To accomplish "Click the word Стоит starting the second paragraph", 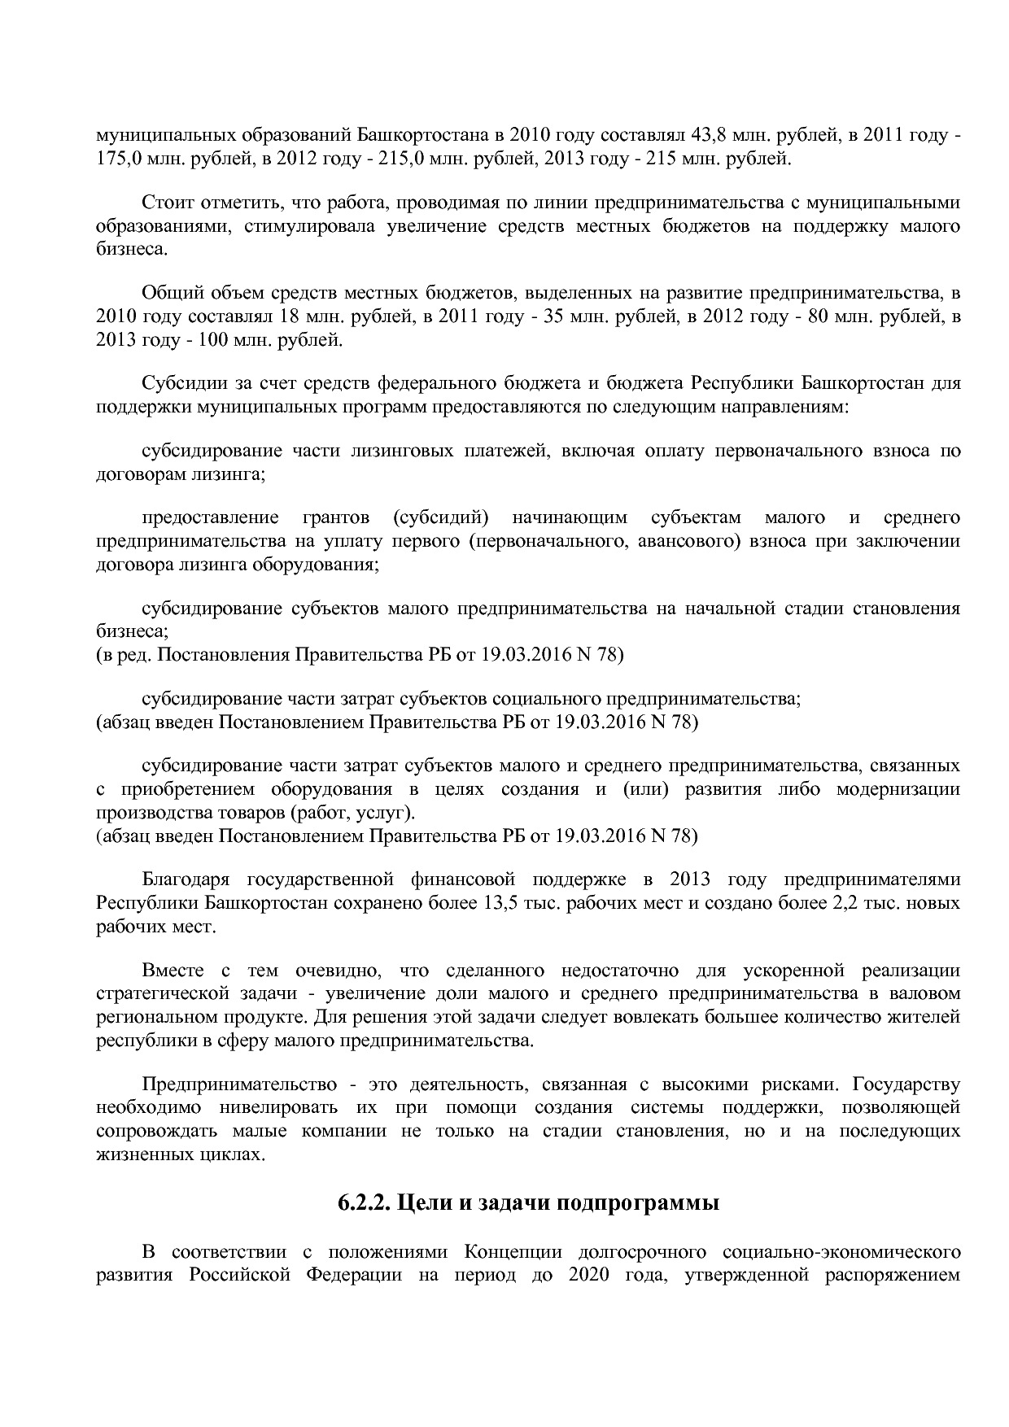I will (x=166, y=203).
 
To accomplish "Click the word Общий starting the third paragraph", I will (x=169, y=293).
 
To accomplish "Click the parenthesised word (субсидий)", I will (x=439, y=518).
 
